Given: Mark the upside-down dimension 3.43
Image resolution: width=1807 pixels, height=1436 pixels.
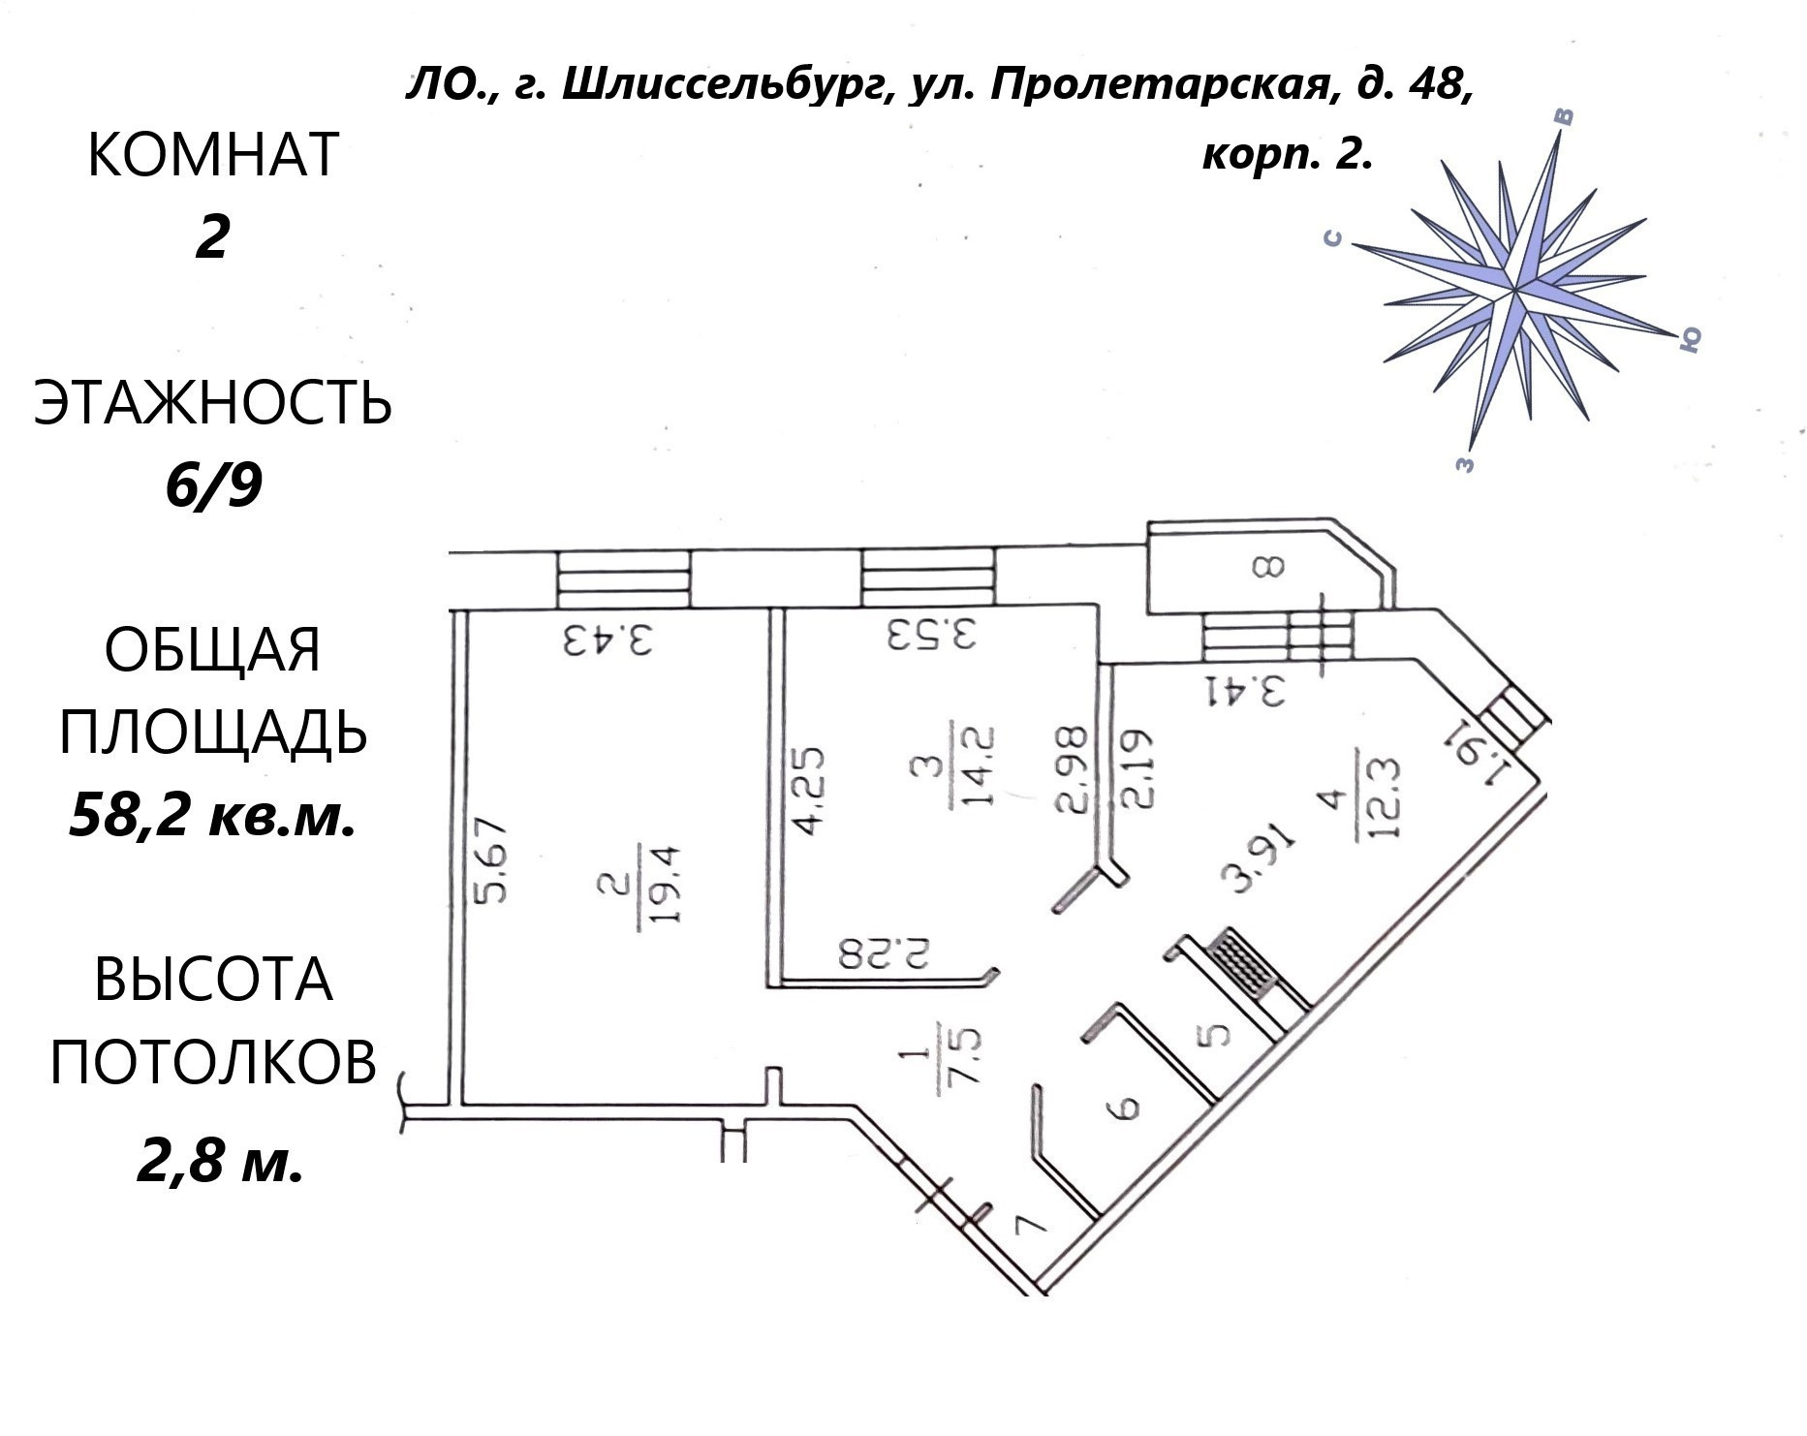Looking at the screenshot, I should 608,640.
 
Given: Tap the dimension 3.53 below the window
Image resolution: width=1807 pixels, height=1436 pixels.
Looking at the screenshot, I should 930,636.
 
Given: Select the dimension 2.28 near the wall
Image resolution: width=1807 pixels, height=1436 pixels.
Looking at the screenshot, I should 885,952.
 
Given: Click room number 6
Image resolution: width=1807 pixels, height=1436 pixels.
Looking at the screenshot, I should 1124,1107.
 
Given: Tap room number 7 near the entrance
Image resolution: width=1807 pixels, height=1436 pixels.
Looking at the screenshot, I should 1029,1224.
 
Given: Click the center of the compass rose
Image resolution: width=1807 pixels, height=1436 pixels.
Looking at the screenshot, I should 1513,288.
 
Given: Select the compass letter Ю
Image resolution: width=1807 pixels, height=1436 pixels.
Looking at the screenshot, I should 1689,338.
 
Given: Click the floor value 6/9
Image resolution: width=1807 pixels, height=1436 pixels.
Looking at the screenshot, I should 213,485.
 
